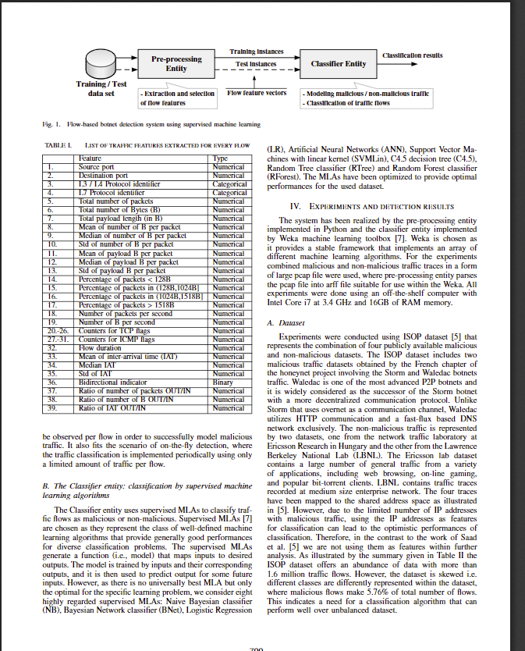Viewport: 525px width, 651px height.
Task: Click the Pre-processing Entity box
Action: tap(176, 63)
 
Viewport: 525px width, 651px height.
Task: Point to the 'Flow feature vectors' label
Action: tap(257, 93)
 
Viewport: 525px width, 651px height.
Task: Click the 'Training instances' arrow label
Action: tap(256, 52)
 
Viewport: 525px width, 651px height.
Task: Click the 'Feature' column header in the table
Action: tap(91, 158)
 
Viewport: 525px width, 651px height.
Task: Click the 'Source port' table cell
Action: tap(97, 167)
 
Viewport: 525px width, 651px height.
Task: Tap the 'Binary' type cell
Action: tap(223, 382)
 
